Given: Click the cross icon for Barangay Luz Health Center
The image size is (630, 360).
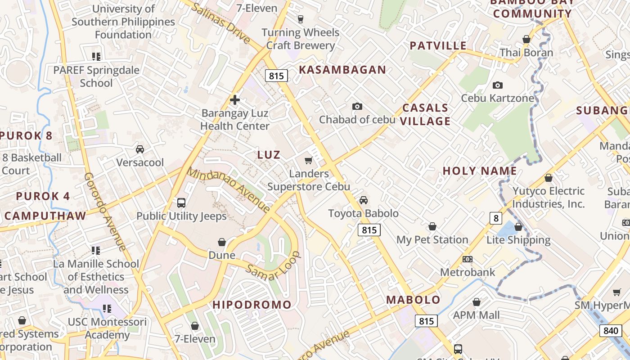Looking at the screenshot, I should [234, 100].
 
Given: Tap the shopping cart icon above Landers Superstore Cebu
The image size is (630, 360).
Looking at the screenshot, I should [309, 160].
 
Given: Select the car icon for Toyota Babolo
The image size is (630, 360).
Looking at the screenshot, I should [364, 200].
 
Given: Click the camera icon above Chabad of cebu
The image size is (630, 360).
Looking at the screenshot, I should [357, 106].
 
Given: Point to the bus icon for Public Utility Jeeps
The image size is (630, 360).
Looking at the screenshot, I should [181, 203].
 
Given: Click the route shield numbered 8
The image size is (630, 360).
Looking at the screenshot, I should [495, 218].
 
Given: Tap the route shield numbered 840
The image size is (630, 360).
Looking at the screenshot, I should [611, 331].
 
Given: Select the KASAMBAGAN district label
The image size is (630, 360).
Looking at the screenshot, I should [342, 70].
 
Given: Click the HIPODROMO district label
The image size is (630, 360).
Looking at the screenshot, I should [252, 305].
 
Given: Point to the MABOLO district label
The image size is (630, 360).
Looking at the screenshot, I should [414, 300].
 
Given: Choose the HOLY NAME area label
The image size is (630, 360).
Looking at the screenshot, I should [480, 171].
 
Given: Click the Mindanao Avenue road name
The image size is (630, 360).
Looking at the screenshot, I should [229, 190].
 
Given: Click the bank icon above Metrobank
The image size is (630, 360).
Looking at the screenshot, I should [468, 259].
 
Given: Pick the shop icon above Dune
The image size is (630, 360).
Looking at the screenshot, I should [222, 242].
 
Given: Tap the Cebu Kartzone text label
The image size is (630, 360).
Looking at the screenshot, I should [498, 98].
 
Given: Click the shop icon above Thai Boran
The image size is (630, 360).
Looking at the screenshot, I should [526, 40].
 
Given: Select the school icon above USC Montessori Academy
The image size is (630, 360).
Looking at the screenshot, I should [107, 309].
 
